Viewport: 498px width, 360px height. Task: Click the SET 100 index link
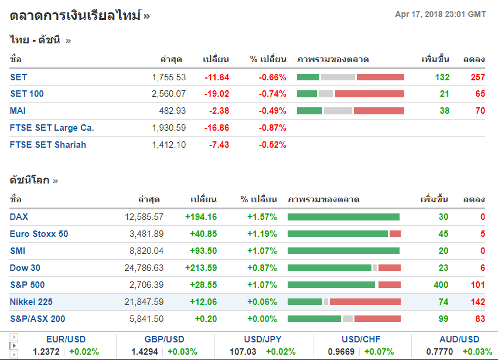[27, 94]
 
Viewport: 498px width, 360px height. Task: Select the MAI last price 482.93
[172, 111]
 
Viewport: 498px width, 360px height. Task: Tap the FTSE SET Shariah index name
[48, 145]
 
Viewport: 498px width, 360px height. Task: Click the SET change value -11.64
[217, 77]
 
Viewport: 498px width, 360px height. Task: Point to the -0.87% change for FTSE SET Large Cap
[272, 128]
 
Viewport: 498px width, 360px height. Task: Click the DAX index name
[19, 217]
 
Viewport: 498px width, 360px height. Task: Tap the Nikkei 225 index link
[30, 302]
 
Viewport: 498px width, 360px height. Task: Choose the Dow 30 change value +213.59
[201, 268]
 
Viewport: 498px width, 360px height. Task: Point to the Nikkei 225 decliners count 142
[477, 302]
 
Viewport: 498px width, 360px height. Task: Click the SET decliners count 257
[477, 77]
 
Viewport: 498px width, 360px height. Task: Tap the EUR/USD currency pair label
[66, 339]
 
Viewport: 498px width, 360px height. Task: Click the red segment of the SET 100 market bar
[369, 94]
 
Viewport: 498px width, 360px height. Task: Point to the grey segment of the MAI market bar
[337, 111]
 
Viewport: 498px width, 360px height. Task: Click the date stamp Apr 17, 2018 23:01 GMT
[440, 14]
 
